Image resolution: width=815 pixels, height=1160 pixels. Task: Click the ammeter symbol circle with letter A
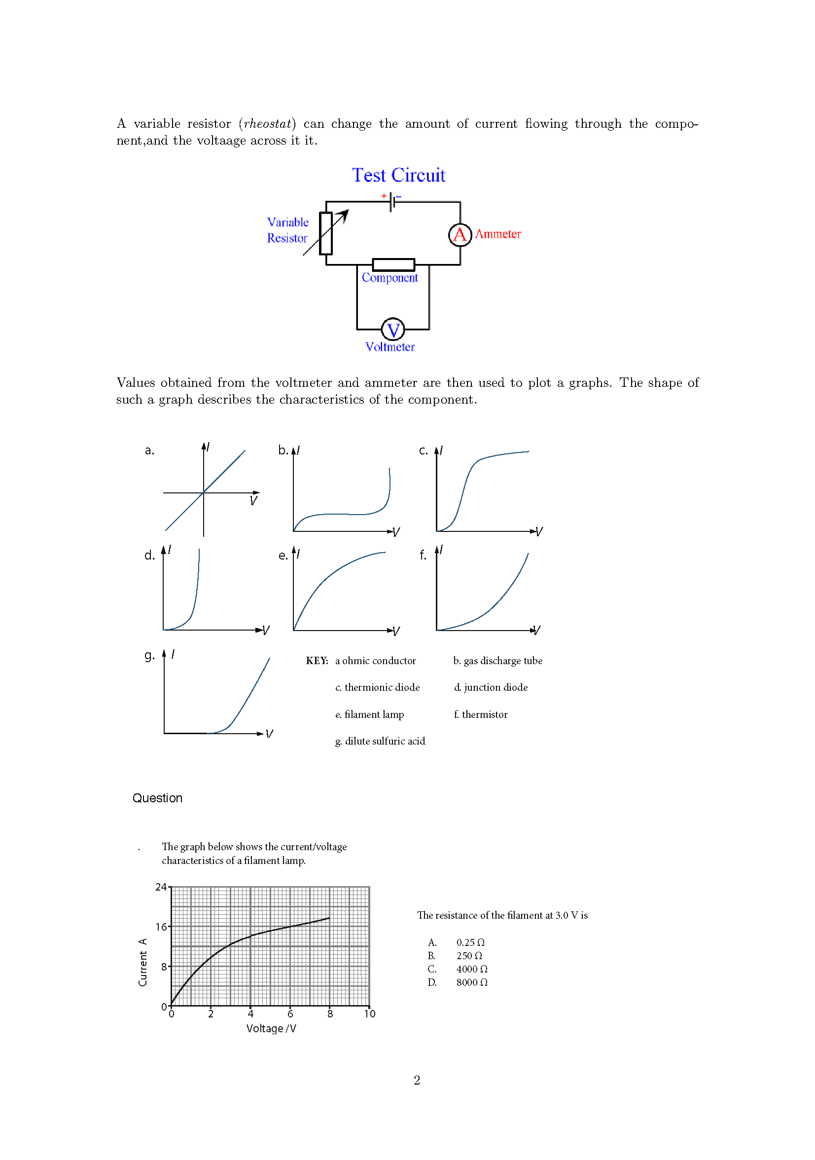(460, 234)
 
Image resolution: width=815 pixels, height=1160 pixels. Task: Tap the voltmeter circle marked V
(392, 330)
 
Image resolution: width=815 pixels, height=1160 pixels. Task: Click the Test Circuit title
(398, 175)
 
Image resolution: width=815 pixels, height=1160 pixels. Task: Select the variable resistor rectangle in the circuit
(326, 233)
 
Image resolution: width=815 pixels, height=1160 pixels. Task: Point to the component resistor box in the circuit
(393, 265)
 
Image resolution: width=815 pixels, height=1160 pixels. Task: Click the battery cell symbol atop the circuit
(392, 202)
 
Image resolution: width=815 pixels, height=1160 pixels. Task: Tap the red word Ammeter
(497, 234)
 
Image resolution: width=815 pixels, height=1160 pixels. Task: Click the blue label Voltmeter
(390, 347)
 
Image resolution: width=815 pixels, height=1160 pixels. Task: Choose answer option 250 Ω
(468, 956)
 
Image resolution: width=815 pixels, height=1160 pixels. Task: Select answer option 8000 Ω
(471, 982)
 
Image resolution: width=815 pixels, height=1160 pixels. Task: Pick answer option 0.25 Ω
(469, 942)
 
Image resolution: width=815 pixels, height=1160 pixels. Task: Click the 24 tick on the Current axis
(161, 887)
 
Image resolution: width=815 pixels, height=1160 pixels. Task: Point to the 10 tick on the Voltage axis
(369, 1014)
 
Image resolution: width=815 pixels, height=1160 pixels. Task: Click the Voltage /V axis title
(271, 1029)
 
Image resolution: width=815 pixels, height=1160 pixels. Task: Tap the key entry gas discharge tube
(497, 661)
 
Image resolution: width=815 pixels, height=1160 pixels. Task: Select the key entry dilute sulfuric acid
(380, 741)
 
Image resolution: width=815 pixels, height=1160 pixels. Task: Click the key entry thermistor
(480, 714)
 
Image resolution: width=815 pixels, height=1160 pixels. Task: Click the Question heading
(157, 798)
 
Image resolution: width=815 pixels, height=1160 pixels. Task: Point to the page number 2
(417, 1080)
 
